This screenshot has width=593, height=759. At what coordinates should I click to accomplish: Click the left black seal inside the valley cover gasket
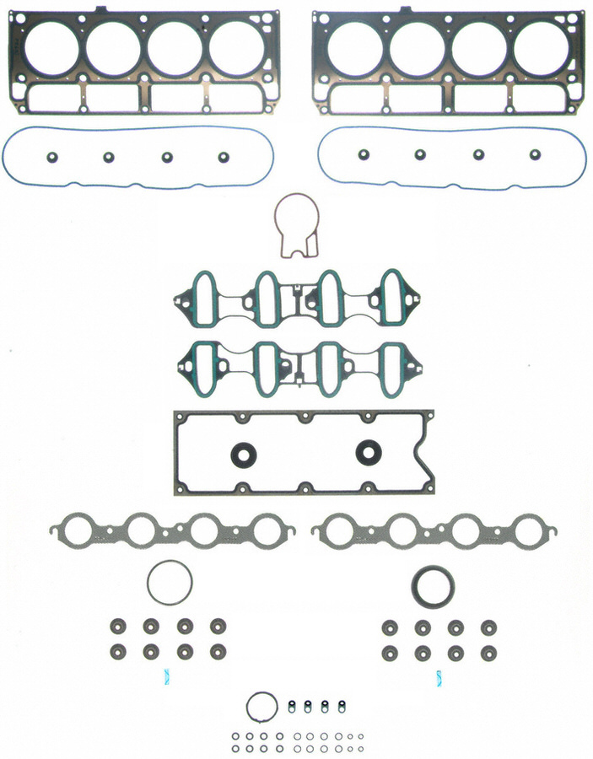pyautogui.click(x=243, y=454)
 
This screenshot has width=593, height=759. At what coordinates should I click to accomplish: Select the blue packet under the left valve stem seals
pyautogui.click(x=165, y=676)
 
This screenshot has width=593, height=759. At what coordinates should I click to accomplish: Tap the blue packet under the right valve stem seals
pyautogui.click(x=439, y=676)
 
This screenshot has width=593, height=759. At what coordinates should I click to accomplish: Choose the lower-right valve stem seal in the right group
pyautogui.click(x=488, y=654)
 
